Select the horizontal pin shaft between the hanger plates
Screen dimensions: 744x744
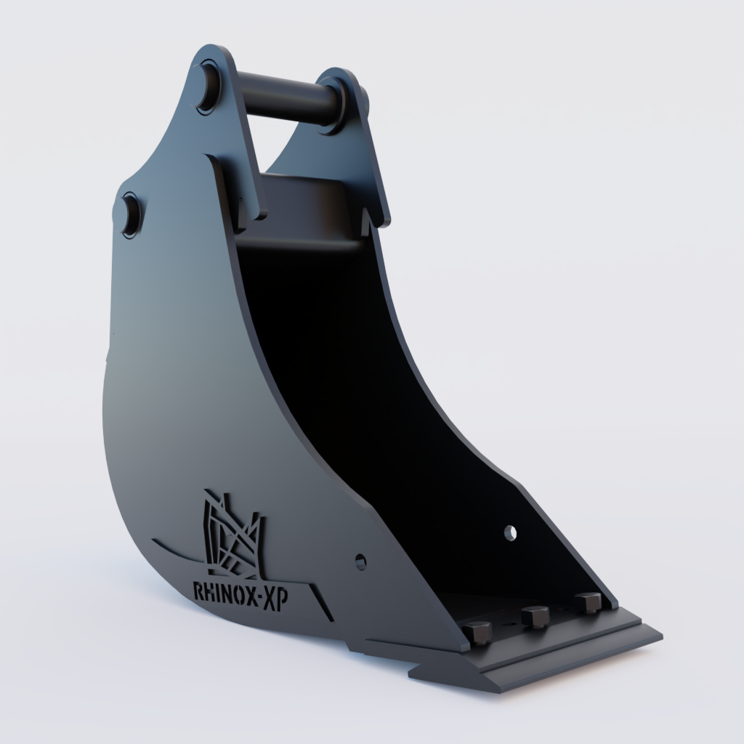tap(283, 98)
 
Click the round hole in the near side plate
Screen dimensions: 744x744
tap(360, 561)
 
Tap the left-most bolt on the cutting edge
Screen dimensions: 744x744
tap(478, 632)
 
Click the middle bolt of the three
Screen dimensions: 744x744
tap(536, 617)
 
